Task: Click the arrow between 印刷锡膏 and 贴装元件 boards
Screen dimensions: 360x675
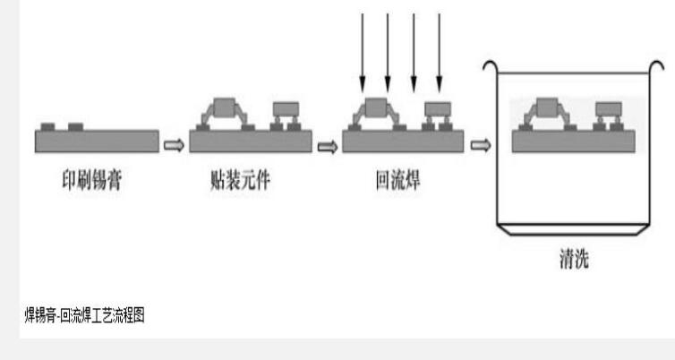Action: point(175,142)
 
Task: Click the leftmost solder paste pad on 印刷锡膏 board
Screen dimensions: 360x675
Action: point(48,124)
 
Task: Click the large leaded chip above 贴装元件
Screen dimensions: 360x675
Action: point(228,108)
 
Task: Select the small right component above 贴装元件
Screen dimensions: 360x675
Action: point(286,109)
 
